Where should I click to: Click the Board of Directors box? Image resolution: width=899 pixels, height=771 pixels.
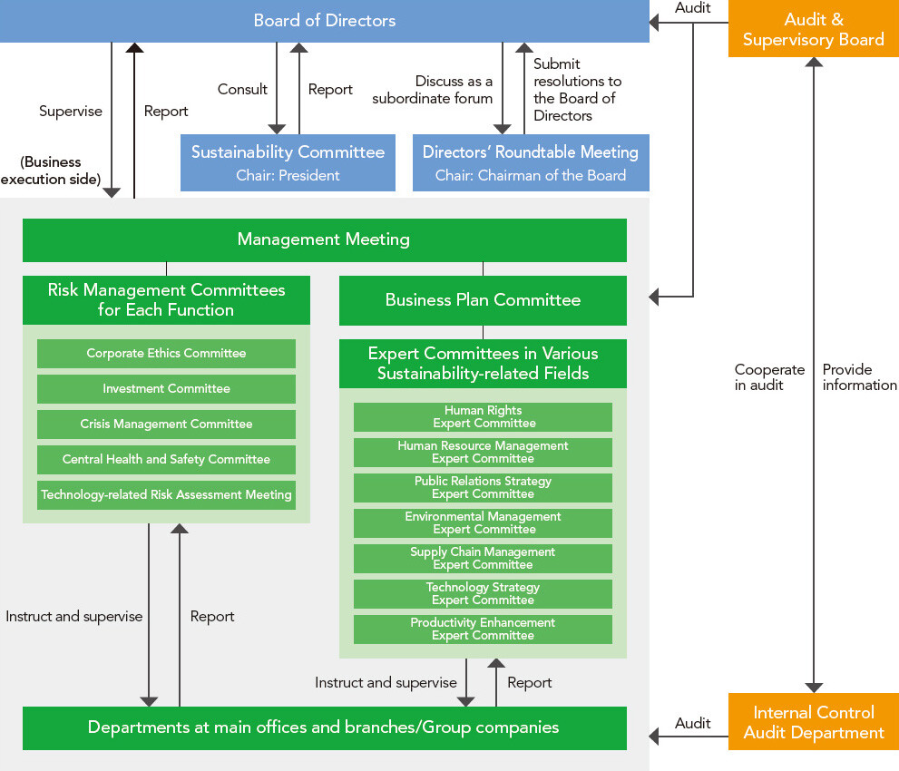(324, 21)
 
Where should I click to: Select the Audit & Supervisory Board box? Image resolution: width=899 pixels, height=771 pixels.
(813, 30)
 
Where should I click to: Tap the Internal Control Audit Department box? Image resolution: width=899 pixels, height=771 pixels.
(813, 722)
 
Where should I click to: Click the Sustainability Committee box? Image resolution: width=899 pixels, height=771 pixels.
(288, 162)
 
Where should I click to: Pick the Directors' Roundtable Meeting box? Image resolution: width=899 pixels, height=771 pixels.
(531, 162)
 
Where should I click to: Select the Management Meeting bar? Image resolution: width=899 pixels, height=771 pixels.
(324, 239)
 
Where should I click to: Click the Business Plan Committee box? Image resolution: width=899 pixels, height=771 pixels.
(483, 300)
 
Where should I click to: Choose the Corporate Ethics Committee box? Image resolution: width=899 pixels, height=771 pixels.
(166, 354)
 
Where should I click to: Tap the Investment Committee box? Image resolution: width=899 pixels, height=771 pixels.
(166, 389)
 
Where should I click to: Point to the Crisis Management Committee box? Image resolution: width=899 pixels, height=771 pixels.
(166, 425)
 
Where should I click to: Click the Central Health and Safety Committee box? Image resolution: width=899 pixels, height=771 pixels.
(166, 460)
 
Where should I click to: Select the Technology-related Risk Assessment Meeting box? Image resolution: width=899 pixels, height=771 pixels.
(166, 495)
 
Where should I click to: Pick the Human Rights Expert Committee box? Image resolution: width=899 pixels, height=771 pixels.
(483, 417)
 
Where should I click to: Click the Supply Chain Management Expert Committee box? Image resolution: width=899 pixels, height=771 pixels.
(483, 559)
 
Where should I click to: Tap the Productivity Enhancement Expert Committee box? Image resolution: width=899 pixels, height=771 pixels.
(483, 629)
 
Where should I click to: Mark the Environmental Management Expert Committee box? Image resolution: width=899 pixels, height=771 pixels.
(483, 523)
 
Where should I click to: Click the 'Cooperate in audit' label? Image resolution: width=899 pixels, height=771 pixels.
(769, 377)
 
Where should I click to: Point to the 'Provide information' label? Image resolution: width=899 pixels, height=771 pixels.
(859, 377)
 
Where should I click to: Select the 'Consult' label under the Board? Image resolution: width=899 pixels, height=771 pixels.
(242, 89)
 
